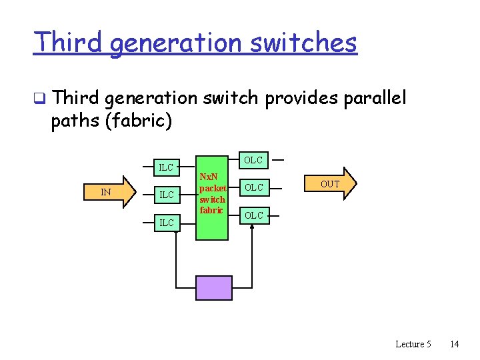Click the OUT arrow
331,184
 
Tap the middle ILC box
165,195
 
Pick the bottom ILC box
165,222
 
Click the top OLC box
253,160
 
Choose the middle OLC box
253,187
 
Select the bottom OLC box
253,215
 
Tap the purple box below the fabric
213,287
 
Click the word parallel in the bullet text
374,99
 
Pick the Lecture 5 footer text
413,344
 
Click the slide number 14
455,344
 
